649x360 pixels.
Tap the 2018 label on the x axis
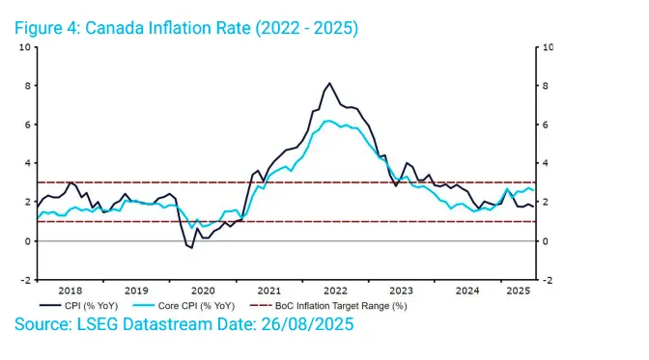tap(70, 291)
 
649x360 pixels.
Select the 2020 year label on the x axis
tap(203, 291)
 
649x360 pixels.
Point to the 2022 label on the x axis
tap(335, 291)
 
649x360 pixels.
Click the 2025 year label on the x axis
tap(519, 291)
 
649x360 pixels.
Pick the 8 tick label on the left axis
tap(28, 86)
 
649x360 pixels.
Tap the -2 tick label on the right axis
tap(548, 281)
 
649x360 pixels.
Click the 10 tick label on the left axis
tap(25, 47)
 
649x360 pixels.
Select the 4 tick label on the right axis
tap(545, 163)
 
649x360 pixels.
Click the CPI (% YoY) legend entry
tap(78, 306)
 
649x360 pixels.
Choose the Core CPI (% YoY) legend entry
tap(183, 306)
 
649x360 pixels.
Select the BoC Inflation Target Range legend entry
tap(328, 306)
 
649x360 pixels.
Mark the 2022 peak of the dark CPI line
tap(330, 83)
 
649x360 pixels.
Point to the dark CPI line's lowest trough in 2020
tap(191, 248)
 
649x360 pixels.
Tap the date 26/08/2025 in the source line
tap(307, 324)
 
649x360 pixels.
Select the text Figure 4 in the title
tap(47, 28)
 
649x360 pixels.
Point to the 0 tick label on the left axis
tap(28, 241)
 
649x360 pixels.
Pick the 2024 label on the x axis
tap(467, 291)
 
